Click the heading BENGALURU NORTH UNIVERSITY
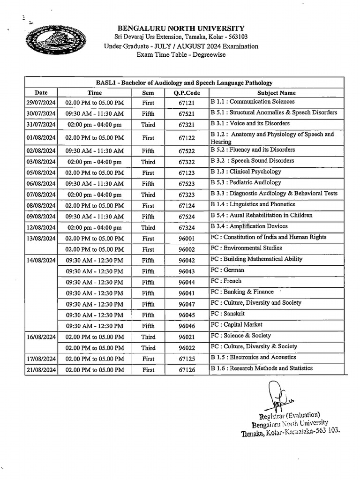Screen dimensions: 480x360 point(181,29)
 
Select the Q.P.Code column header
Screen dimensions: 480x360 point(186,93)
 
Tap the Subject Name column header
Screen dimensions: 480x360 point(276,93)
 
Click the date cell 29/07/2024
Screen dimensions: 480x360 point(41,103)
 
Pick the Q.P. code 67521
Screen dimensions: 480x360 point(186,113)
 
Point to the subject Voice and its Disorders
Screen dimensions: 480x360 point(250,124)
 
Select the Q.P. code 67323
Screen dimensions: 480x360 point(186,195)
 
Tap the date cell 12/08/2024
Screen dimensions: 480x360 point(41,228)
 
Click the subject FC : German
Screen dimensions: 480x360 point(227,270)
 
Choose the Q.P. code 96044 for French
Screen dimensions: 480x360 point(186,282)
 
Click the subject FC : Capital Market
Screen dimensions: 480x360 point(236,324)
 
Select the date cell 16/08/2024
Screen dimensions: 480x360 point(41,337)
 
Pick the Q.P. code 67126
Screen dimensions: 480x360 point(186,370)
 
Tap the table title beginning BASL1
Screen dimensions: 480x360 point(184,82)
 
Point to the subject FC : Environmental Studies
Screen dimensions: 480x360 point(246,248)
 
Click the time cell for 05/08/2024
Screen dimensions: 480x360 point(95,172)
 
